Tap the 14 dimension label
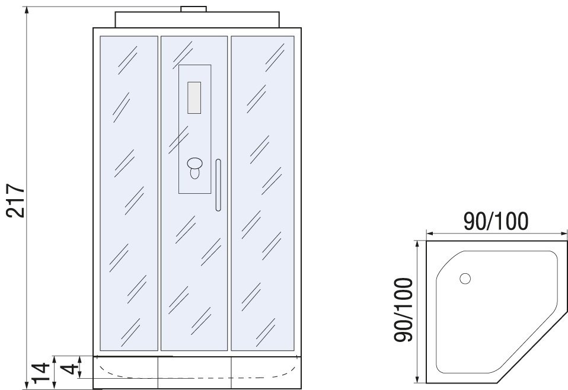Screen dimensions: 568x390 coord(41,373)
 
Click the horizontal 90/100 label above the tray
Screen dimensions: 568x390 coord(496,221)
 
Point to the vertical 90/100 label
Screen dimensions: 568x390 coord(403,309)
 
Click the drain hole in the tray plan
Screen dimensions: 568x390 coord(465,279)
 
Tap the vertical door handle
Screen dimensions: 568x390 coord(218,185)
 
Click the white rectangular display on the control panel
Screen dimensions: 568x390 coord(194,98)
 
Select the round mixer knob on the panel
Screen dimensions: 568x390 coord(195,164)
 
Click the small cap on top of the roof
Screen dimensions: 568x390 coord(193,9)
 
